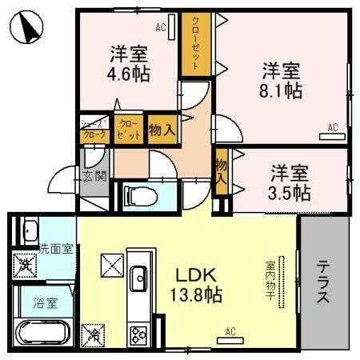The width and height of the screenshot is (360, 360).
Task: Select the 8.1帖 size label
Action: point(280,90)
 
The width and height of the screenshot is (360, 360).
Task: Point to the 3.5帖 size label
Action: point(289,192)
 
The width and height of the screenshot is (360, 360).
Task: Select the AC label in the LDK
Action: point(230,330)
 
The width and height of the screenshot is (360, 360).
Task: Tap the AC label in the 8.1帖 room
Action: point(333,126)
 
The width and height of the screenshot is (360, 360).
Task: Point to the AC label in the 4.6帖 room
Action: point(161,28)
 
